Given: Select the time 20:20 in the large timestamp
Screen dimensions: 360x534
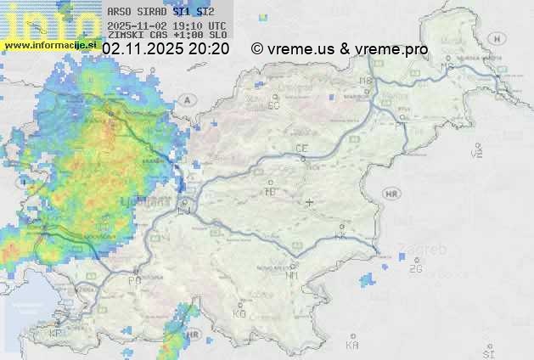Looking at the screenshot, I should pyautogui.click(x=209, y=49).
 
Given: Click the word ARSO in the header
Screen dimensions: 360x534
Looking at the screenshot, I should pyautogui.click(x=119, y=13).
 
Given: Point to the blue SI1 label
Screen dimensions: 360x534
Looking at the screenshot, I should pyautogui.click(x=182, y=13).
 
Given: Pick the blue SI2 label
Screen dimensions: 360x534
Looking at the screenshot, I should pyautogui.click(x=205, y=13).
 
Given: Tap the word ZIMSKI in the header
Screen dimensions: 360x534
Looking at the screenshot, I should pyautogui.click(x=124, y=35).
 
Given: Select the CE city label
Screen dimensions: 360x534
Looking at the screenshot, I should pyautogui.click(x=301, y=149).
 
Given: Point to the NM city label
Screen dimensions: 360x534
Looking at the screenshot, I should pyautogui.click(x=292, y=275).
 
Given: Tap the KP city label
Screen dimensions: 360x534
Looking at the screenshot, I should pyautogui.click(x=56, y=334).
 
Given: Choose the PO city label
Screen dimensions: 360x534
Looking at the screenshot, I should pyautogui.click(x=134, y=280).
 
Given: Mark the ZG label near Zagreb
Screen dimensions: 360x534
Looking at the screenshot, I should pyautogui.click(x=415, y=269).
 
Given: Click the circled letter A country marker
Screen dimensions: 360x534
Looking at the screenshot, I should pyautogui.click(x=183, y=100).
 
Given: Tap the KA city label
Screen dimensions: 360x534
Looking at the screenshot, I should pyautogui.click(x=352, y=346).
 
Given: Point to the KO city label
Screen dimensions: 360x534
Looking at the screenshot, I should pyautogui.click(x=239, y=313).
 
